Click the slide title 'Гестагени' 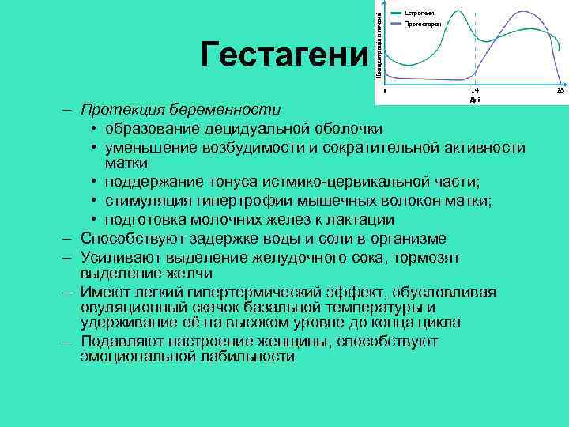pos(284,55)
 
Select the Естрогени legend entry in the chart pos(418,12)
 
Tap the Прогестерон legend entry pos(422,24)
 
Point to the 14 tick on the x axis pos(473,92)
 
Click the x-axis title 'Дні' pos(473,100)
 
